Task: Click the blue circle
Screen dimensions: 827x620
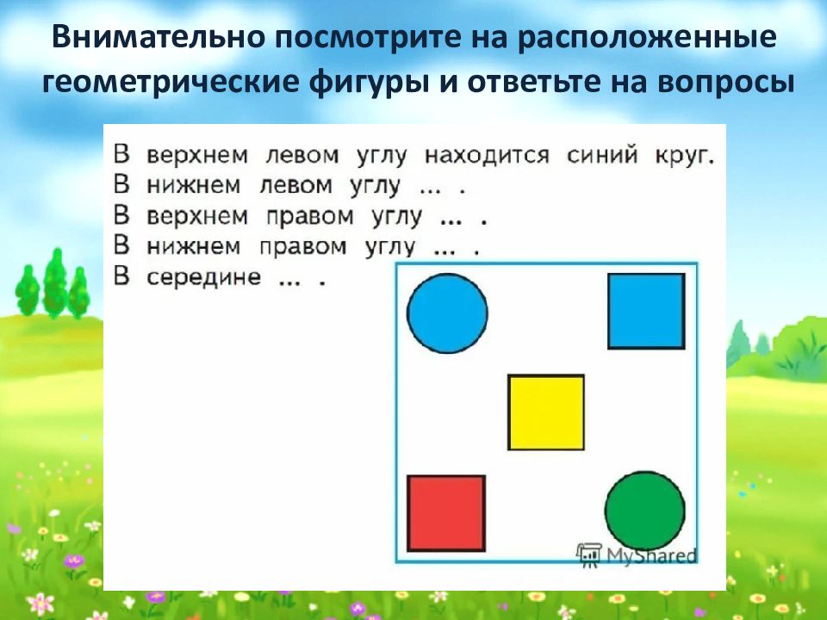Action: point(447,313)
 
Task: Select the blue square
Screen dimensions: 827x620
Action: point(646,311)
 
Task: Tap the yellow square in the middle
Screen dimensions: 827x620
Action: point(546,412)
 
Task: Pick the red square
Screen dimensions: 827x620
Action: point(446,513)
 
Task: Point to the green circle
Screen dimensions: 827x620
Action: point(644,511)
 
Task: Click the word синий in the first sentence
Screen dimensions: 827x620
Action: point(602,156)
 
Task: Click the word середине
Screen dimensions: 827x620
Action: point(203,277)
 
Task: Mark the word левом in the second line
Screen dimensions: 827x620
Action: point(295,186)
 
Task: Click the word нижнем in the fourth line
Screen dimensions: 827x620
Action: point(194,247)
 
